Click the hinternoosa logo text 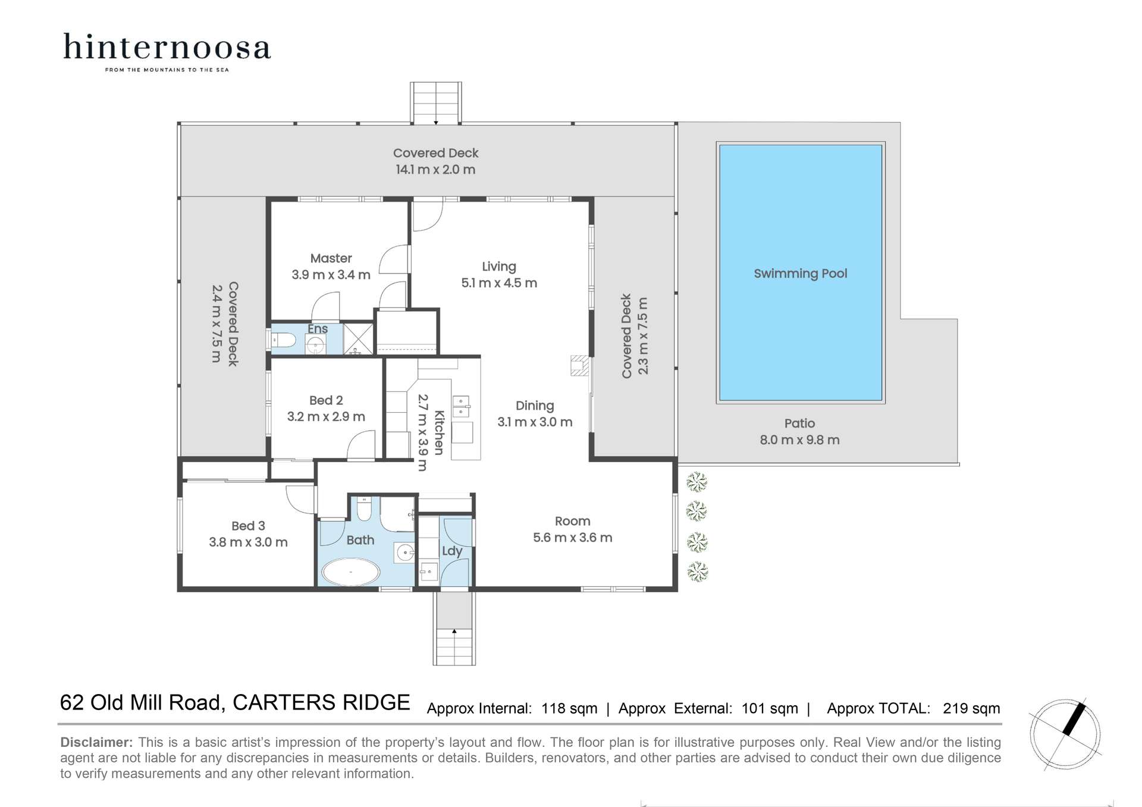[x=167, y=48]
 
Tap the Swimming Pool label [x=800, y=274]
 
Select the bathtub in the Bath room [x=351, y=572]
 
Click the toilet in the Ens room [x=284, y=341]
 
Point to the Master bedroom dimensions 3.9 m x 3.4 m [x=331, y=275]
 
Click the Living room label [x=498, y=266]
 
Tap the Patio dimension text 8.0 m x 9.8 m [x=799, y=440]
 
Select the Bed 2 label [x=325, y=400]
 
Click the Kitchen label [x=439, y=432]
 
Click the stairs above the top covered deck [x=436, y=102]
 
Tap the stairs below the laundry [x=454, y=646]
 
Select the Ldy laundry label [x=452, y=551]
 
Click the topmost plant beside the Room [x=697, y=482]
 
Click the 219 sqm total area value [x=971, y=708]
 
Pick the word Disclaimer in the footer [x=96, y=742]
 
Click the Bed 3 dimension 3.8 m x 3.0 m [x=248, y=542]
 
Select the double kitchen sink [x=461, y=407]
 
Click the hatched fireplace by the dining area [x=579, y=366]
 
